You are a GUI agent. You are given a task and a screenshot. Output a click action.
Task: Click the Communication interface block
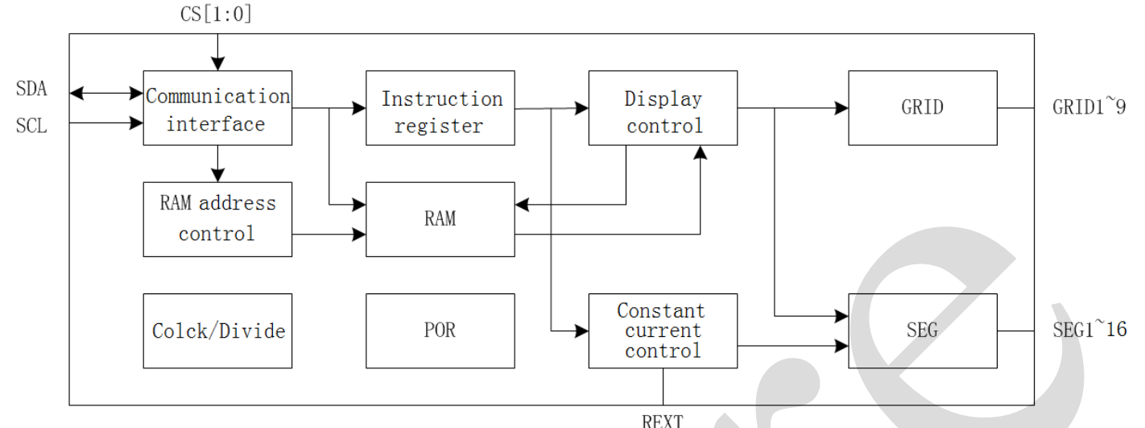(217, 108)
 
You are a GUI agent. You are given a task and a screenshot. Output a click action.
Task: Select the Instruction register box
(440, 108)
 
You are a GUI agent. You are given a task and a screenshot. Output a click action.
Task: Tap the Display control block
(663, 108)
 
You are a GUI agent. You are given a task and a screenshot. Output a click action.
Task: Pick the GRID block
(923, 108)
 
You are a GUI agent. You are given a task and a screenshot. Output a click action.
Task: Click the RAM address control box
(217, 219)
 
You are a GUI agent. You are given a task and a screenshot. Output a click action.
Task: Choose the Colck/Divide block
(217, 330)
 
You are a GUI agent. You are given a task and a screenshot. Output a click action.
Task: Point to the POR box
(440, 330)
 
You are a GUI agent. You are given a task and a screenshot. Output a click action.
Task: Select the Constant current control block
(663, 330)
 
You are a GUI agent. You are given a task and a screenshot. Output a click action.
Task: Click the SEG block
(923, 330)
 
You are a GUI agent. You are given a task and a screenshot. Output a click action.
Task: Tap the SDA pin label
(31, 89)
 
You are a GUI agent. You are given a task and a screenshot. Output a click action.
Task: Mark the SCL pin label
(31, 127)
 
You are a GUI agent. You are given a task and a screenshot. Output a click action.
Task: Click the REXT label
(663, 421)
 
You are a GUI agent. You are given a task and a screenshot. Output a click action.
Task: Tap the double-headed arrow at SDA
(106, 93)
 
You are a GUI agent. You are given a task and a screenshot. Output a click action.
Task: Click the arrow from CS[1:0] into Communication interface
(217, 52)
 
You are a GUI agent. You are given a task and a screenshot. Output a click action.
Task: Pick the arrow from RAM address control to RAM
(329, 235)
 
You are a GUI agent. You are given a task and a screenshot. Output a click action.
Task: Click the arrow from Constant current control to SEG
(793, 347)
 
